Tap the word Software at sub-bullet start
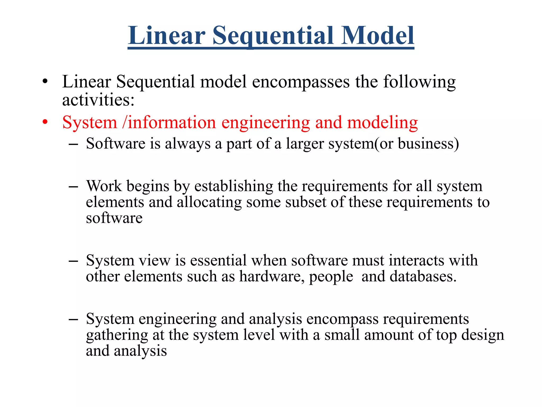pyautogui.click(x=116, y=144)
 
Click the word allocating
pyautogui.click(x=209, y=202)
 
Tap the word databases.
pyautogui.click(x=423, y=276)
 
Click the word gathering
pyautogui.click(x=117, y=335)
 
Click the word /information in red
pyautogui.click(x=169, y=123)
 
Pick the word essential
pyautogui.click(x=218, y=260)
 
